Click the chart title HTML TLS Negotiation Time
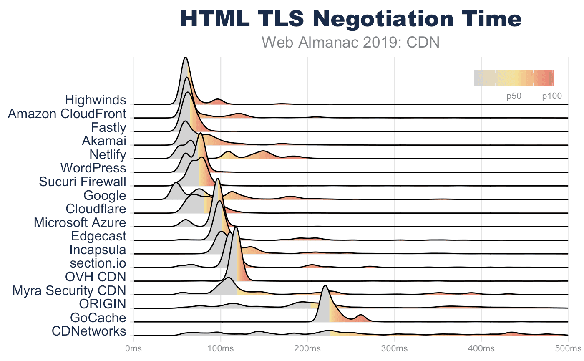[x=351, y=19]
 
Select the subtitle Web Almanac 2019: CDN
[x=351, y=42]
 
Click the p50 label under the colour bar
[x=514, y=96]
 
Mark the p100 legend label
[x=552, y=96]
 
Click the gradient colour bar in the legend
[x=514, y=78]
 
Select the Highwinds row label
[x=96, y=100]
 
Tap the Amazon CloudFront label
[x=67, y=114]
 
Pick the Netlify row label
[x=108, y=155]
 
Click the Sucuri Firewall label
[x=83, y=182]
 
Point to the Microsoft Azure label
[x=80, y=222]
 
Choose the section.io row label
[x=98, y=264]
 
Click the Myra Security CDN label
[x=69, y=290]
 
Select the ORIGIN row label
[x=102, y=304]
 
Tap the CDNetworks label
[x=88, y=331]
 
